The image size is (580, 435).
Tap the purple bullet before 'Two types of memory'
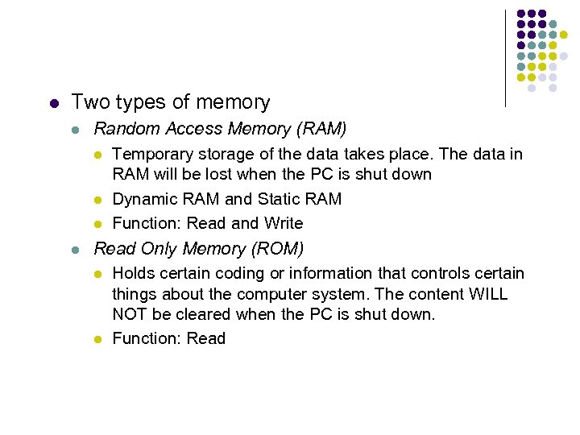coord(53,103)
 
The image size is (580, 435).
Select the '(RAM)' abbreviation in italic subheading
coord(321,129)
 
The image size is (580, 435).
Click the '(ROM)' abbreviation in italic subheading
coord(278,249)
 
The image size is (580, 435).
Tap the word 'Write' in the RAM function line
coord(281,223)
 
